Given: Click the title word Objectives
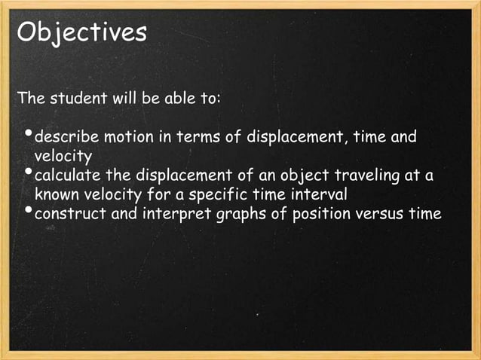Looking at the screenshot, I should [81, 33].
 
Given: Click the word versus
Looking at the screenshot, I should [380, 214].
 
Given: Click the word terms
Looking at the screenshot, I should [197, 139].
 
